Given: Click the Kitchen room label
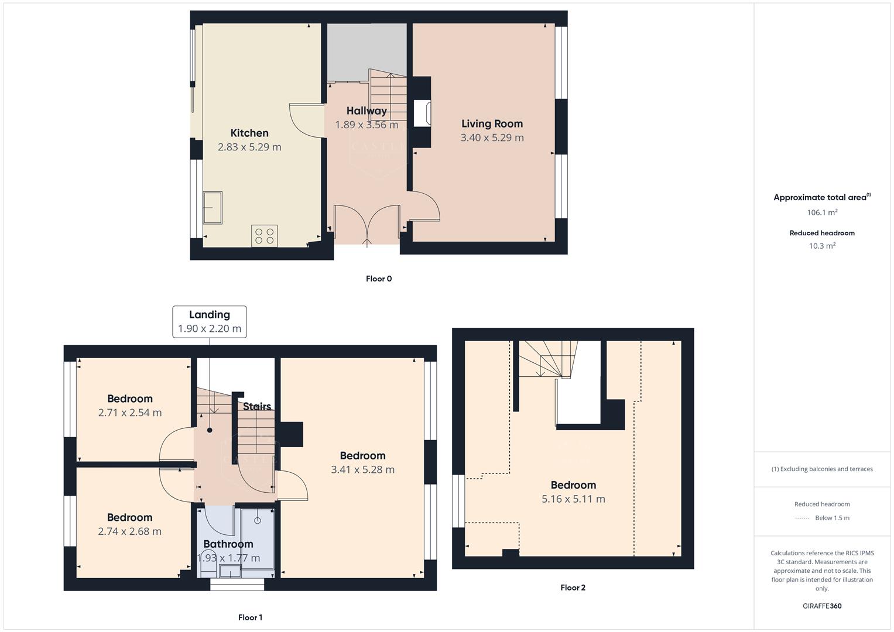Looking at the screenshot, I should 249,133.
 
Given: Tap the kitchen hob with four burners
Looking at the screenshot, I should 264,236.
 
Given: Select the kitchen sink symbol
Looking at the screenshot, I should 213,207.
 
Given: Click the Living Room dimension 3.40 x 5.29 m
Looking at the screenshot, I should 492,138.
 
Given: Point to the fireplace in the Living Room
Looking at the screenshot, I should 422,114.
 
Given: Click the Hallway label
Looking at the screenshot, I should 366,111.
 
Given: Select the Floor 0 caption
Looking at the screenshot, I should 379,279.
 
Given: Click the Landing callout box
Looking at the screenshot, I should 210,321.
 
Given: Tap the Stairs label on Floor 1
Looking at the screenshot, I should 257,406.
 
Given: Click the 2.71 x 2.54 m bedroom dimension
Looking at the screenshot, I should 130,413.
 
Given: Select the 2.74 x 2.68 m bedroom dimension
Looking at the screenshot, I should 130,531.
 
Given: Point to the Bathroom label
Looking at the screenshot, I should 228,544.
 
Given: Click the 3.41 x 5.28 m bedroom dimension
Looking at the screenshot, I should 362,469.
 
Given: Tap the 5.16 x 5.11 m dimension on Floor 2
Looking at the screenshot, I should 573,499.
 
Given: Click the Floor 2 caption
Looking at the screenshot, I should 573,588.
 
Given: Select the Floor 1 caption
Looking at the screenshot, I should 250,617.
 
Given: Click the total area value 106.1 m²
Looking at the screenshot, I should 822,212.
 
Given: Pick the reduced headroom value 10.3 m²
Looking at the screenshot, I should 822,246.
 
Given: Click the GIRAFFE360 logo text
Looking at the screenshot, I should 822,606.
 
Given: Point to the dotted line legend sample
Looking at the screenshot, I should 803,518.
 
